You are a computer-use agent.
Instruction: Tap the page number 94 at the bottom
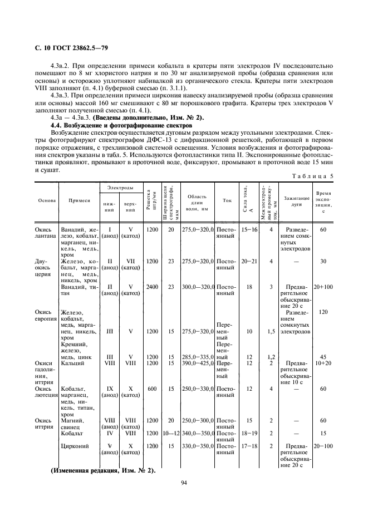pyautogui.click(x=183, y=483)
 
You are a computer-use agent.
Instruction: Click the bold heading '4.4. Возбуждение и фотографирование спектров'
pyautogui.click(x=121, y=127)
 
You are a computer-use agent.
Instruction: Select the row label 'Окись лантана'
pyautogui.click(x=45, y=233)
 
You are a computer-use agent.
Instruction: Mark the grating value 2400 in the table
pyautogui.click(x=151, y=287)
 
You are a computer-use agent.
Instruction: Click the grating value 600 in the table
pyautogui.click(x=151, y=389)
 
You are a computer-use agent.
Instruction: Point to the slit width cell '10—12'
pyautogui.click(x=171, y=432)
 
